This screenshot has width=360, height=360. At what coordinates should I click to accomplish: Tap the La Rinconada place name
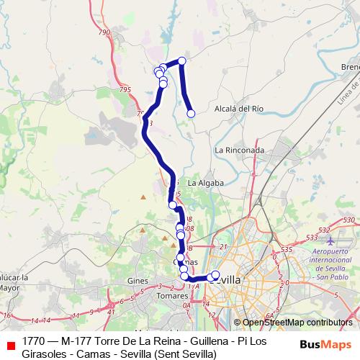239,150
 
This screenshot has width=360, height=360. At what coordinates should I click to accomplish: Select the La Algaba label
204,184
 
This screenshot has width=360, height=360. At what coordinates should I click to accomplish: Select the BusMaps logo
325,343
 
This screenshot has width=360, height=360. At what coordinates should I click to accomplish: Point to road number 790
104,32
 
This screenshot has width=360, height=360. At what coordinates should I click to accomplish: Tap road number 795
126,89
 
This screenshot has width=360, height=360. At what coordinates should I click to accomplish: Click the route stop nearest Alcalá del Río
192,113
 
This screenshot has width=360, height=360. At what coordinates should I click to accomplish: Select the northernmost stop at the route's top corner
182,61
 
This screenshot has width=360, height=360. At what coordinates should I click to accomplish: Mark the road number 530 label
350,220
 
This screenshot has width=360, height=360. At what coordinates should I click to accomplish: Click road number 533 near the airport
312,236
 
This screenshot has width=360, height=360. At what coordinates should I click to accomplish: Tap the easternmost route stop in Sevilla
215,275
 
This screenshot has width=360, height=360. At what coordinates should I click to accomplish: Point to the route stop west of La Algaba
173,205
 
